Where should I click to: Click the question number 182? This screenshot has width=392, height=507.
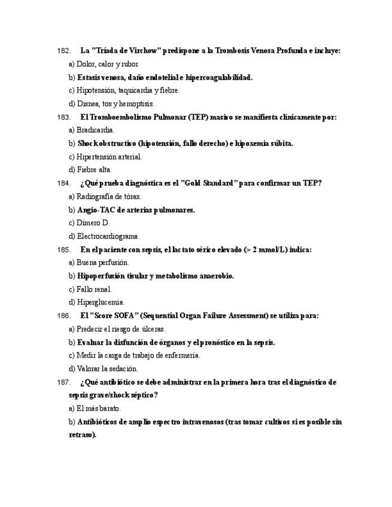pyautogui.click(x=63, y=51)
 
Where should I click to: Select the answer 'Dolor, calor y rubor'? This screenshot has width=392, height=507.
pyautogui.click(x=108, y=64)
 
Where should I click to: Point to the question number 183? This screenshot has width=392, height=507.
pyautogui.click(x=63, y=117)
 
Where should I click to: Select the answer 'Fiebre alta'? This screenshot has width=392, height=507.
pyautogui.click(x=94, y=169)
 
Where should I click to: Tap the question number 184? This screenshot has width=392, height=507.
pyautogui.click(x=63, y=183)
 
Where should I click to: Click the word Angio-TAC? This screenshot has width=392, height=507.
pyautogui.click(x=97, y=210)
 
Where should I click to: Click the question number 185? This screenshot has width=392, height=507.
pyautogui.click(x=63, y=249)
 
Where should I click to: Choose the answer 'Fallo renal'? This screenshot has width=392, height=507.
pyautogui.click(x=94, y=289)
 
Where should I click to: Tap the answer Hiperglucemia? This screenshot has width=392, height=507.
pyautogui.click(x=101, y=302)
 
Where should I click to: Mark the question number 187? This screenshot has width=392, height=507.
pyautogui.click(x=63, y=382)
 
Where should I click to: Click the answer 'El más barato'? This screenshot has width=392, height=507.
pyautogui.click(x=99, y=408)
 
